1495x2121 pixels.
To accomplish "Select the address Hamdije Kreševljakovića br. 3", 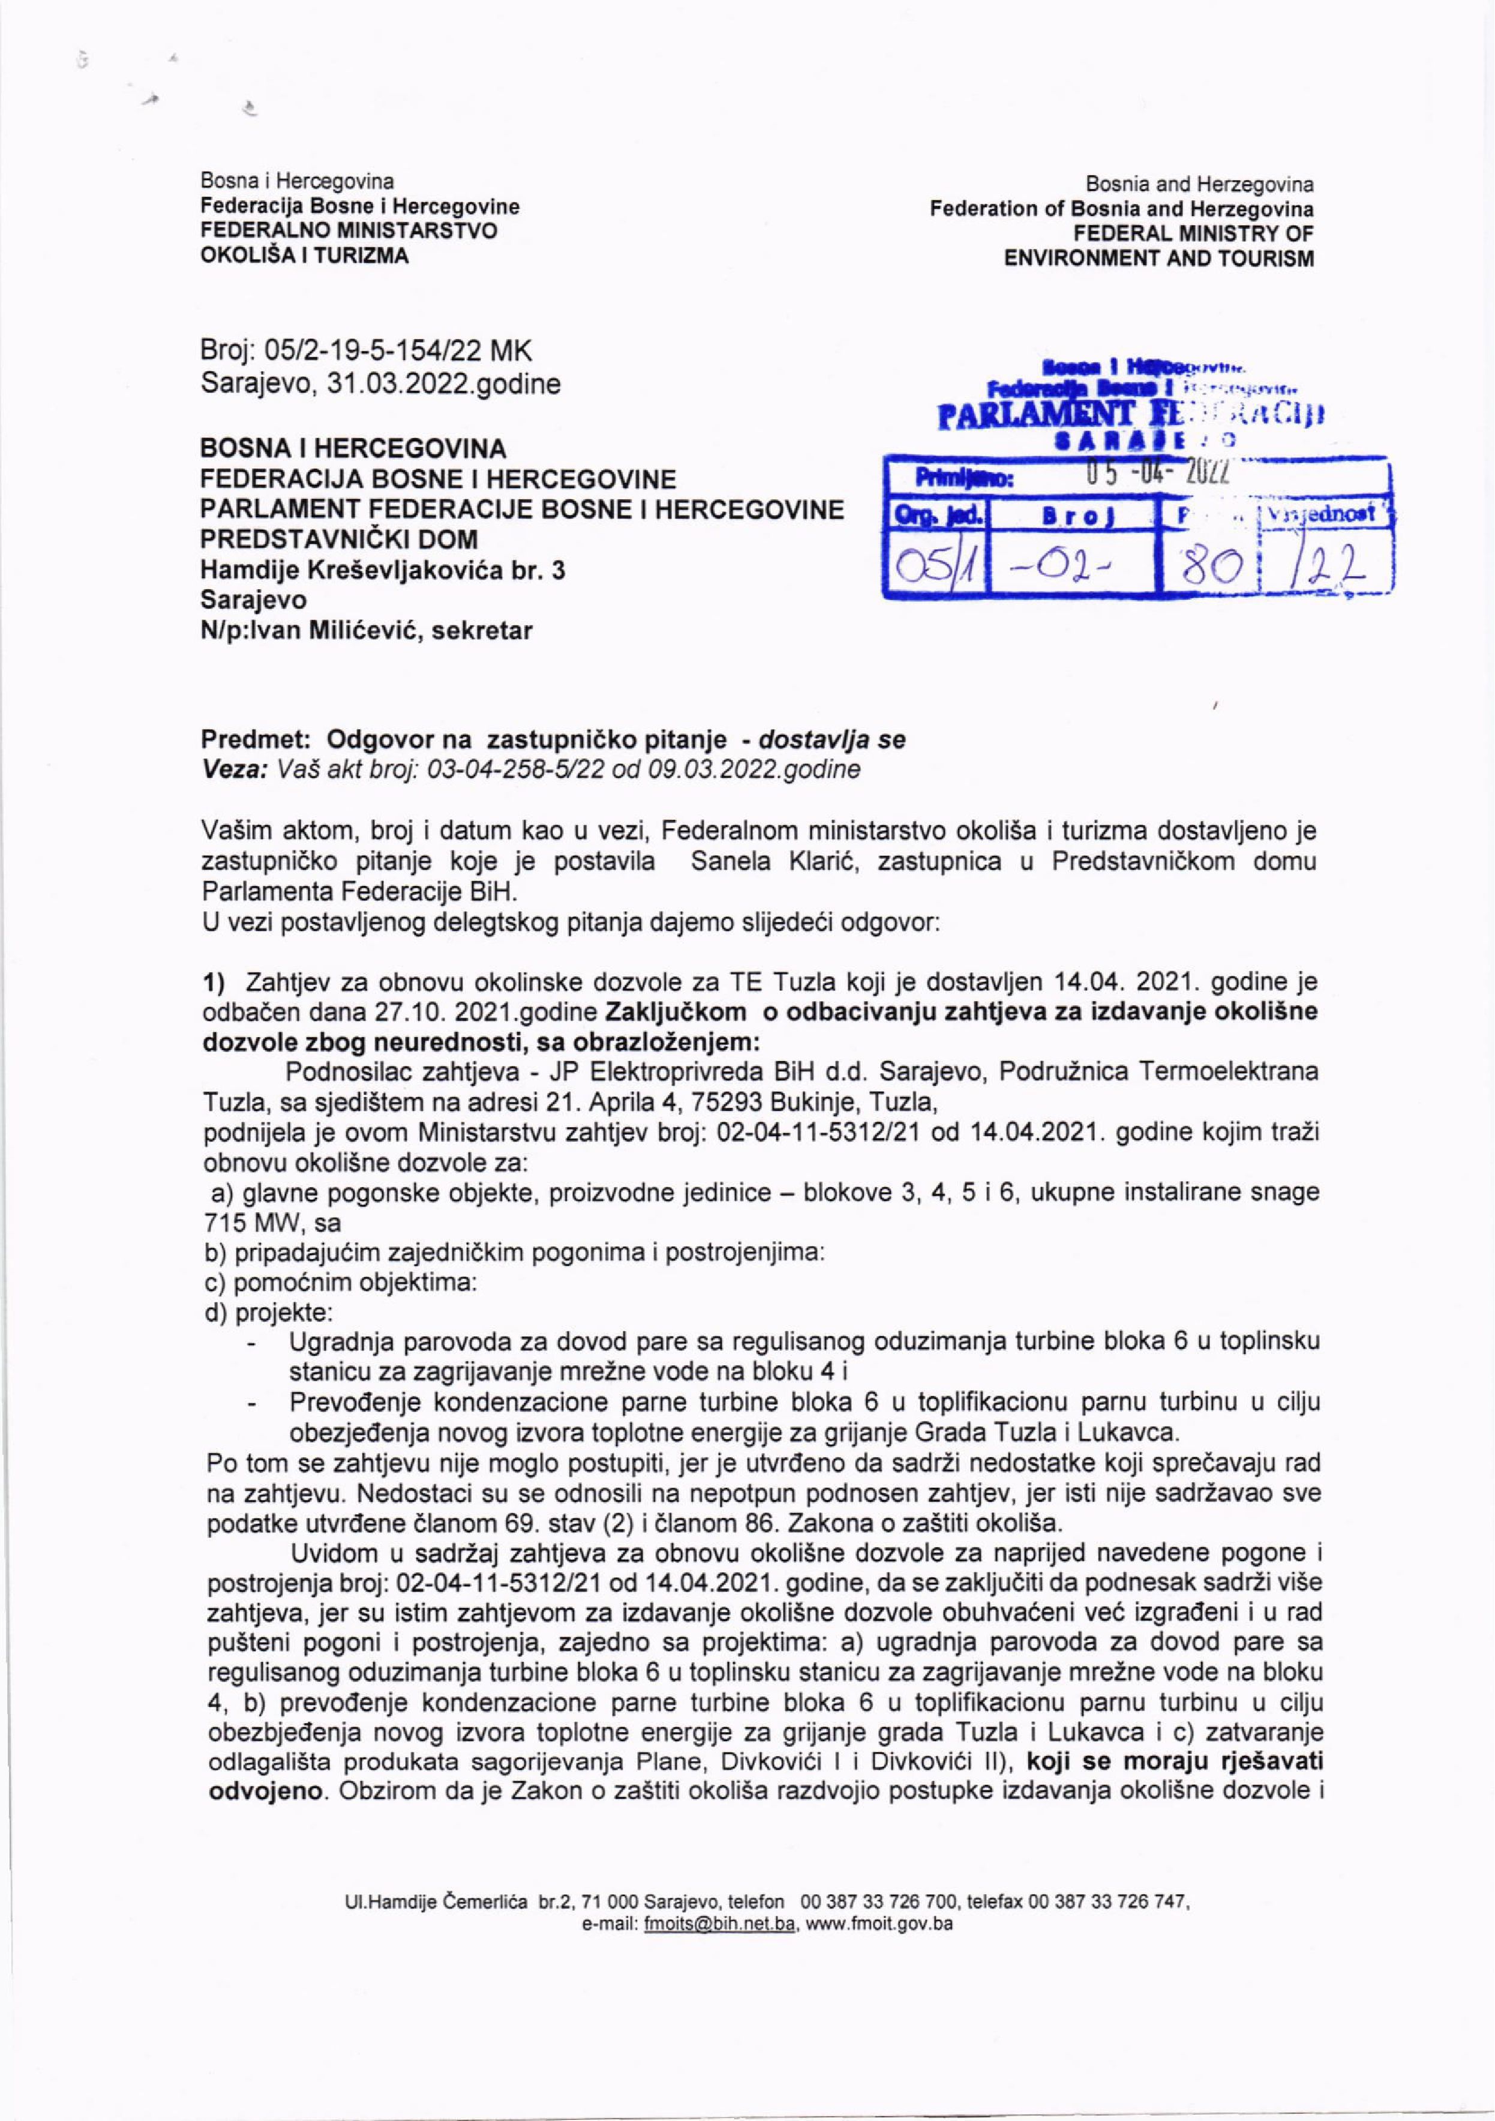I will [x=384, y=570].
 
